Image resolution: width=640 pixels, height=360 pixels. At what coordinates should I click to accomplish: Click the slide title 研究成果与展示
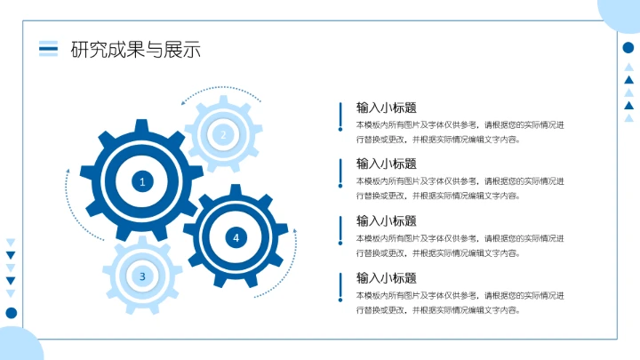point(135,50)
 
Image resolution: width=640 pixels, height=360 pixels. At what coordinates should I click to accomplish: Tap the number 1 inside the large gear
point(141,181)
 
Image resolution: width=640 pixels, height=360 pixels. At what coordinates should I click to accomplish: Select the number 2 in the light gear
point(223,134)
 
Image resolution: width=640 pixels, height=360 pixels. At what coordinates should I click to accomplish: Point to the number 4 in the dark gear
point(236,237)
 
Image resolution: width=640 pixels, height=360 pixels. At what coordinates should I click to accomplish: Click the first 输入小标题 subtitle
point(386,108)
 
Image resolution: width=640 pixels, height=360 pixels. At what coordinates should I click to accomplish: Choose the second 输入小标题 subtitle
point(386,164)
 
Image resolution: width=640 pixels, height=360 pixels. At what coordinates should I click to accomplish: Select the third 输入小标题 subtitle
point(386,220)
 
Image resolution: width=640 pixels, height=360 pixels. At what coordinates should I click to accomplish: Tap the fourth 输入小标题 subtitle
point(386,277)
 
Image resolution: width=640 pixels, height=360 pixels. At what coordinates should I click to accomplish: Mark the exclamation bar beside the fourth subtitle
point(340,287)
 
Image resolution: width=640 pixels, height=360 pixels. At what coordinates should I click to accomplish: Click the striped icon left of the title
point(48,49)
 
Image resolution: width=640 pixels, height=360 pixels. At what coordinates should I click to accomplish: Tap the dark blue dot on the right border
point(628,48)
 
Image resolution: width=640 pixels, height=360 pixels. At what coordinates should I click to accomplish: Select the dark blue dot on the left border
point(12,312)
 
